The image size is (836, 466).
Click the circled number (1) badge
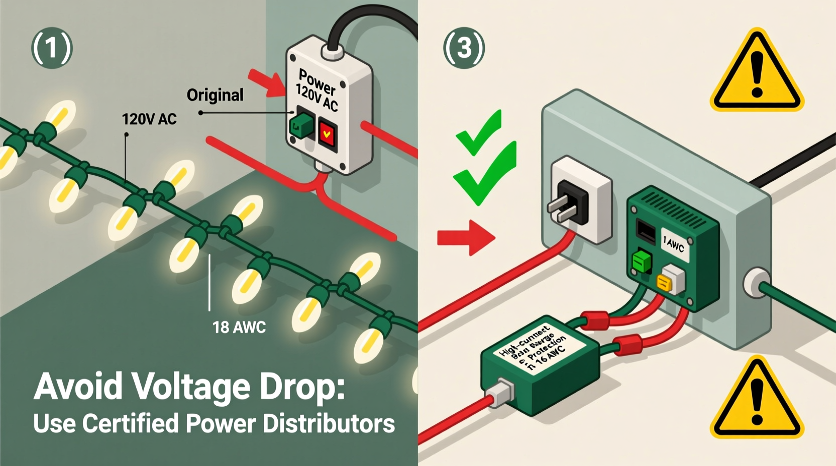coord(52,48)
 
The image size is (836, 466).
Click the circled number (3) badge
coord(464,48)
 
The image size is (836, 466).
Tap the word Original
coord(215,95)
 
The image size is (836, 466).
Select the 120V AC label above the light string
coord(149,119)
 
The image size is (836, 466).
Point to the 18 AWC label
coord(239,327)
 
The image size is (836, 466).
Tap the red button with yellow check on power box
coord(327,134)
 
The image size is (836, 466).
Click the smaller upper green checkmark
coord(479,133)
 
